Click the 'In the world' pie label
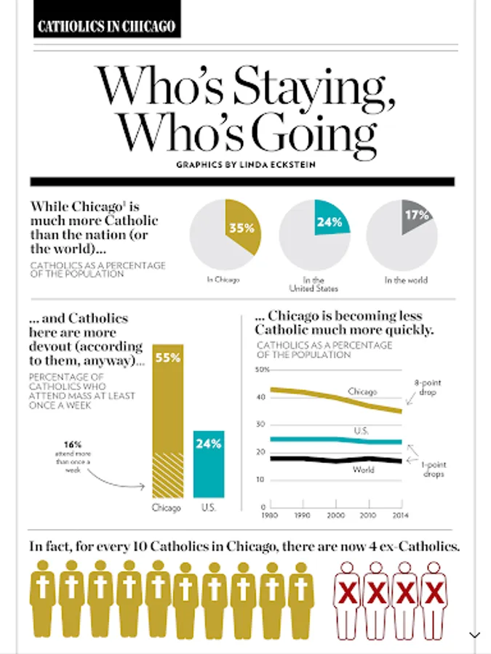406,280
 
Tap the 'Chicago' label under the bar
167,507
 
